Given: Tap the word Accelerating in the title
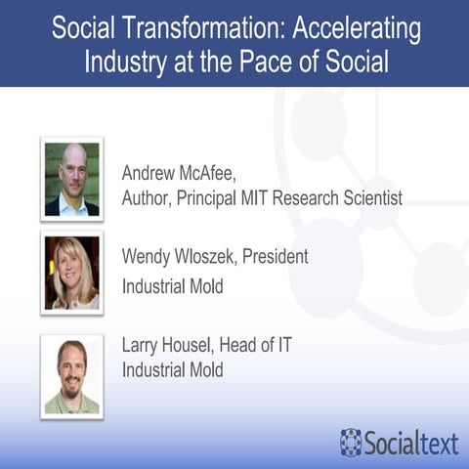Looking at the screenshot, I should [362, 29].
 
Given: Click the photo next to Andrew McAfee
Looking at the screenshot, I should [71, 179].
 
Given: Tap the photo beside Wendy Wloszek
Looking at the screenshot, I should [71, 273].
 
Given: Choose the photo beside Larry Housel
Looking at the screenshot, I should [71, 375].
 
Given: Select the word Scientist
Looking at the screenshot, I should [368, 199].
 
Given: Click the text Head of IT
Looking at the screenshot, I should [263, 347].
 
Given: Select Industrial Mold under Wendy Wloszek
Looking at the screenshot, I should [172, 287].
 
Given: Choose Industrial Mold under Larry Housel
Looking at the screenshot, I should [172, 371].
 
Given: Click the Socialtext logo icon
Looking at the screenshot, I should [350, 441].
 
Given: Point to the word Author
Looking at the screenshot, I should [146, 199].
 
